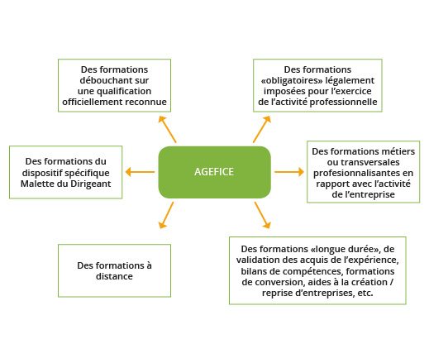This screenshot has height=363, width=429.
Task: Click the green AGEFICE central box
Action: coord(214,172)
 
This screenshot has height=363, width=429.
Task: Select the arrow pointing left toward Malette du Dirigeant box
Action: coord(140,172)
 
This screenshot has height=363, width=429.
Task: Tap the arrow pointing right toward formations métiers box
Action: coord(289,172)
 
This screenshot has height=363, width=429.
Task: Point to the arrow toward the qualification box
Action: coord(167,129)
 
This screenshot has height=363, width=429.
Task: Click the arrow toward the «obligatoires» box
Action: coord(262,129)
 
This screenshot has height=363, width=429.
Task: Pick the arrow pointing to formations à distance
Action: coord(166,215)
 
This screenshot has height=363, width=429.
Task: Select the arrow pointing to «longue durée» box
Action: coord(263,215)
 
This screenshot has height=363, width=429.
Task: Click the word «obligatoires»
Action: coord(292,81)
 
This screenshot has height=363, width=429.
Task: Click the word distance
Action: coord(114,276)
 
